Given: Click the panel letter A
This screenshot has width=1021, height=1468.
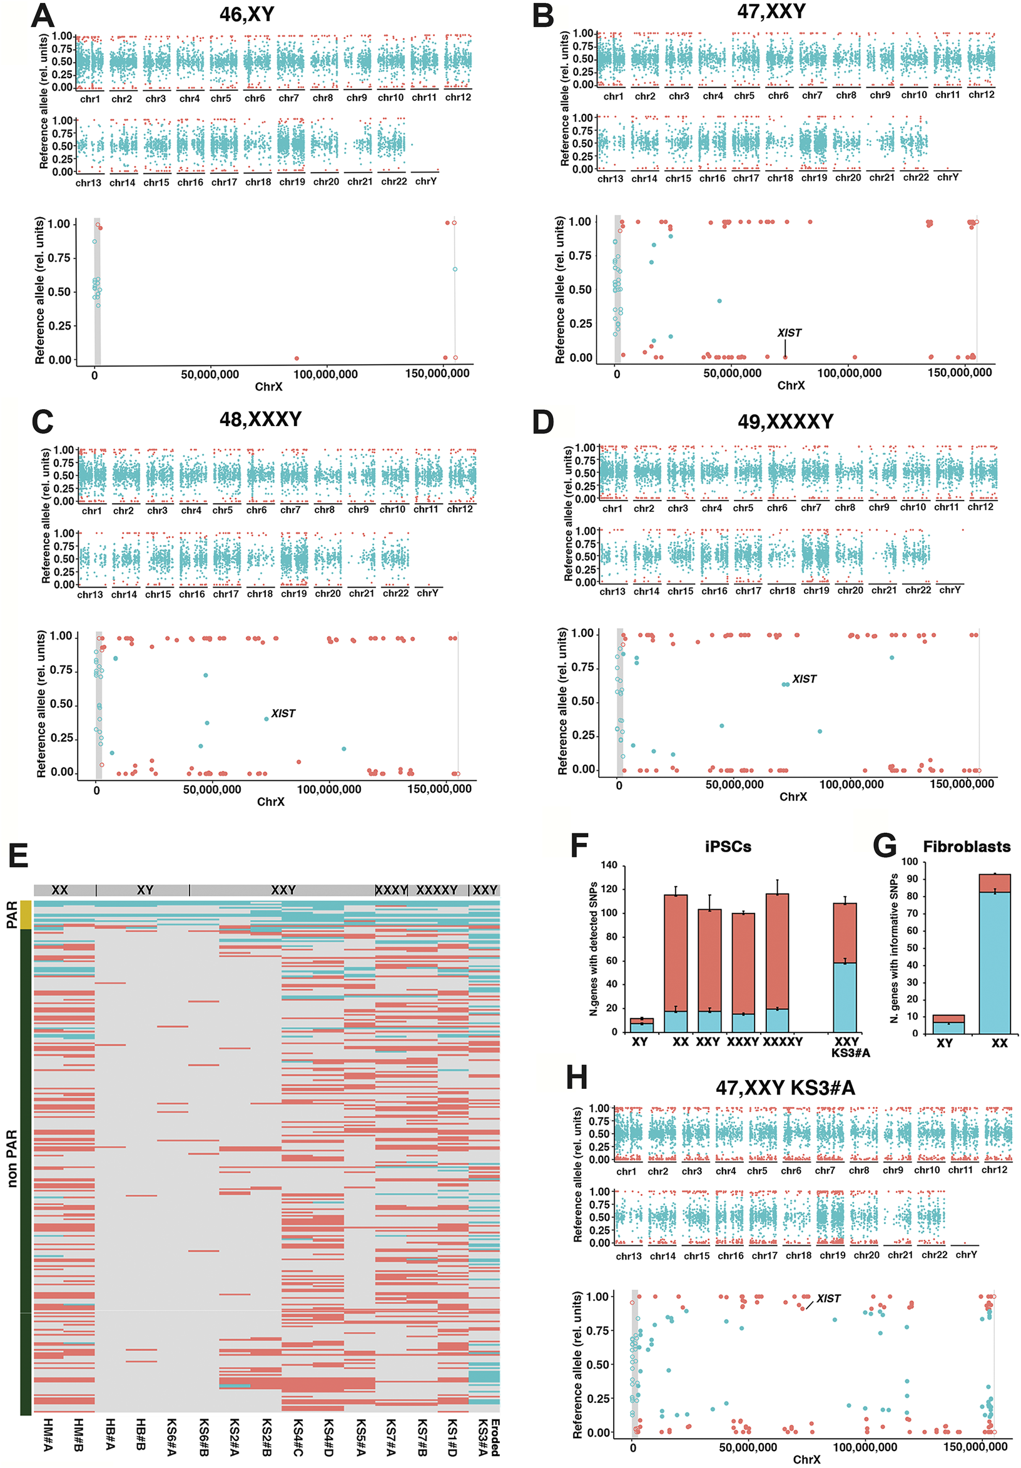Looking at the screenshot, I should (42, 16).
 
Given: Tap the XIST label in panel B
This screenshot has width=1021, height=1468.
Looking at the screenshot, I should (788, 333).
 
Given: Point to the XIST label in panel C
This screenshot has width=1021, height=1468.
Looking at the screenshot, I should (283, 713).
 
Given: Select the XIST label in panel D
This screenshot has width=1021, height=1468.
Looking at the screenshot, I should (804, 679).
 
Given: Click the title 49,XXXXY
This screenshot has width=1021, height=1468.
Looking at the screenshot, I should (785, 422).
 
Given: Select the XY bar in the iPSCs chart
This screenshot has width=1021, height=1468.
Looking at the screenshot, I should (641, 1025).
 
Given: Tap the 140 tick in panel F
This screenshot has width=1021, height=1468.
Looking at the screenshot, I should (609, 865).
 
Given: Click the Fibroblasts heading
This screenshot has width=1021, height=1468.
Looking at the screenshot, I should (966, 847).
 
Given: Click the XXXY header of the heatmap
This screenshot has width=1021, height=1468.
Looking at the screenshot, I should (391, 890).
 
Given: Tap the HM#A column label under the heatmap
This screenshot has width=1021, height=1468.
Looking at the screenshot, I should (48, 1435).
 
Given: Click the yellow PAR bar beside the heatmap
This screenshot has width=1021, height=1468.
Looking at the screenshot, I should (26, 914).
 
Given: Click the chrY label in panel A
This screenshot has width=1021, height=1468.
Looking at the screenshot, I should (426, 181).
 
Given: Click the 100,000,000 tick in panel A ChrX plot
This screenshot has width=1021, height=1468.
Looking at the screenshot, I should (325, 375).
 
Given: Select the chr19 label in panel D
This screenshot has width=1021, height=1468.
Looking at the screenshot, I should (816, 591).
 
